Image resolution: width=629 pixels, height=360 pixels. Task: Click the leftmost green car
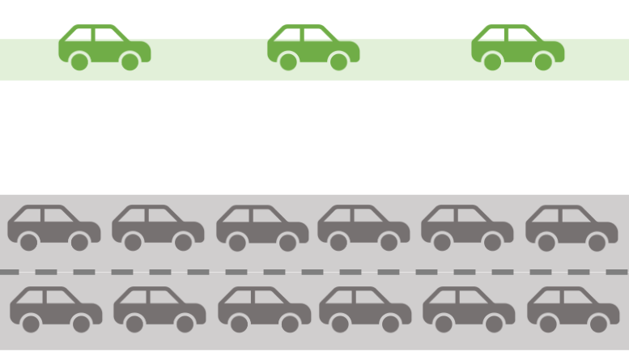click(x=104, y=47)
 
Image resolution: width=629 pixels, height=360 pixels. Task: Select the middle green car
click(x=313, y=47)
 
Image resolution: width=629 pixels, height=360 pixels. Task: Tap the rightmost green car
click(x=517, y=47)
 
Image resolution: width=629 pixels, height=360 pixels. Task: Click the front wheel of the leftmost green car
click(x=130, y=61)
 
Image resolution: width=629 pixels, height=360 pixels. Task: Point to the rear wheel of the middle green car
click(x=288, y=61)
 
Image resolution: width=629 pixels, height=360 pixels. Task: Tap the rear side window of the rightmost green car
click(x=494, y=34)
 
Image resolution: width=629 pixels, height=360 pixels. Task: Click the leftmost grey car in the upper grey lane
click(x=53, y=228)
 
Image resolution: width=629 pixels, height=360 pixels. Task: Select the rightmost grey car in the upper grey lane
click(x=572, y=228)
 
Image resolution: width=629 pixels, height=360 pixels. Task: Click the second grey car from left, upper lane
click(x=158, y=228)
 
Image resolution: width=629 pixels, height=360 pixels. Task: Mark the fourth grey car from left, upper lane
click(x=363, y=228)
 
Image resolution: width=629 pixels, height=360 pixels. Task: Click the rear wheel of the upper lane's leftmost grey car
click(x=29, y=242)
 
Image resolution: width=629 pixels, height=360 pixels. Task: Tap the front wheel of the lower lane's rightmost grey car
click(x=599, y=324)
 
